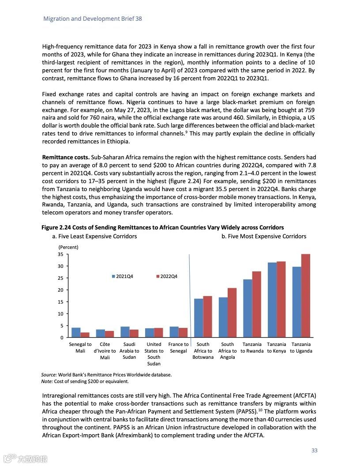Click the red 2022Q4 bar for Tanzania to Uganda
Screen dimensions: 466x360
tap(306, 296)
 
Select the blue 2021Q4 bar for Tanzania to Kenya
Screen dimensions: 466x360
tap(272, 300)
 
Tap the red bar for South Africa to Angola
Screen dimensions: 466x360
tap(232, 313)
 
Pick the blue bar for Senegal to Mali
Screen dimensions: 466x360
tap(76, 333)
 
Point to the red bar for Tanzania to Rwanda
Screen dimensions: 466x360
tap(257, 304)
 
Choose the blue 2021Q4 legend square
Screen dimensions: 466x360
tap(114, 276)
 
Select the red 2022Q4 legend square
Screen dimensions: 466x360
tap(158, 276)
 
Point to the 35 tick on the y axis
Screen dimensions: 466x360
tap(61, 254)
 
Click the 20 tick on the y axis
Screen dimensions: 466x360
tap(61, 290)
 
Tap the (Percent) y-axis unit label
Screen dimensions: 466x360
tap(68, 247)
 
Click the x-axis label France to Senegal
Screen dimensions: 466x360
tap(178, 348)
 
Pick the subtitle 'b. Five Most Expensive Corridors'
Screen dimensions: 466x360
tap(263, 237)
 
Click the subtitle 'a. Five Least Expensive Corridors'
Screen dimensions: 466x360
tap(94, 237)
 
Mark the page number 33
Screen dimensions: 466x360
tap(314, 451)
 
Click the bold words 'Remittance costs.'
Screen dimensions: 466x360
tap(66, 158)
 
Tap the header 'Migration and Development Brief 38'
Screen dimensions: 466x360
tap(93, 19)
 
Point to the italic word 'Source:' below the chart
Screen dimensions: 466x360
tap(49, 375)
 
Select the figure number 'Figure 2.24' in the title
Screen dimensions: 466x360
tap(56, 228)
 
